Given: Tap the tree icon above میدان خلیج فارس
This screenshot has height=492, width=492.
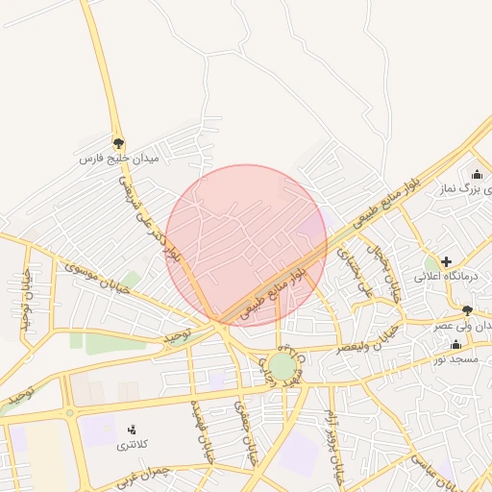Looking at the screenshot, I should click(x=118, y=142).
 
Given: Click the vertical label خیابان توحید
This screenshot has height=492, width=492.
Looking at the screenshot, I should click(x=26, y=302).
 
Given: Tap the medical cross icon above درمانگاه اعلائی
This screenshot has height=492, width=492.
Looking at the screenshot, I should click(x=446, y=261).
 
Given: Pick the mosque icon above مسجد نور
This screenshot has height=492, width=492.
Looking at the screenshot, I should click(x=455, y=344).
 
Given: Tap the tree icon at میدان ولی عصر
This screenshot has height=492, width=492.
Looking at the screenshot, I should click(x=467, y=310).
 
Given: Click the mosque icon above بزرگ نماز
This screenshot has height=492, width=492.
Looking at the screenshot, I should click(x=477, y=174).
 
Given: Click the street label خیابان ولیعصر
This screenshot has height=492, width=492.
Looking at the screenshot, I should click(x=368, y=337).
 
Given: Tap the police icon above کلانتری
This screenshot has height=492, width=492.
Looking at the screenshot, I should click(x=132, y=430).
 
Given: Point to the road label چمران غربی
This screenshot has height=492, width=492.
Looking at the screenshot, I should click(x=141, y=478).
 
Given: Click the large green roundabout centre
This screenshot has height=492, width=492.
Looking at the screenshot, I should click(x=282, y=365).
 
